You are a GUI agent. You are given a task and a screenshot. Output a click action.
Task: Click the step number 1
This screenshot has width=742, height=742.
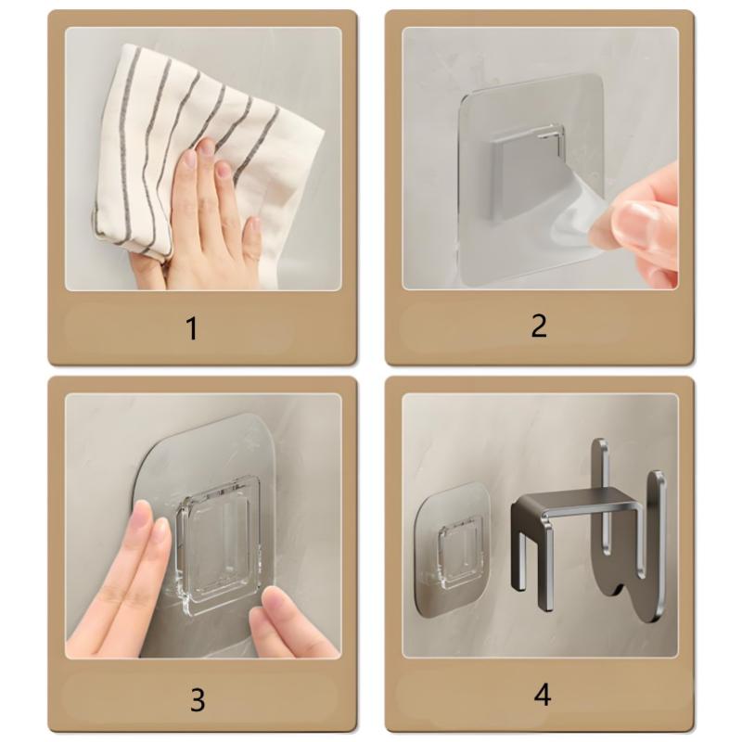(192, 327)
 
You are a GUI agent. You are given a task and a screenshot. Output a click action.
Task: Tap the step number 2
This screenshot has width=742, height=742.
(539, 326)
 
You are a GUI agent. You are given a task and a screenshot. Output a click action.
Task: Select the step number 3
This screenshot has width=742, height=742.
(197, 699)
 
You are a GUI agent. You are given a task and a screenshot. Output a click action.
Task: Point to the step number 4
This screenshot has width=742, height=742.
(543, 695)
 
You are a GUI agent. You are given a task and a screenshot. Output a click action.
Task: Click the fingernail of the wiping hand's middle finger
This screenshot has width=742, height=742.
(206, 148)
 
